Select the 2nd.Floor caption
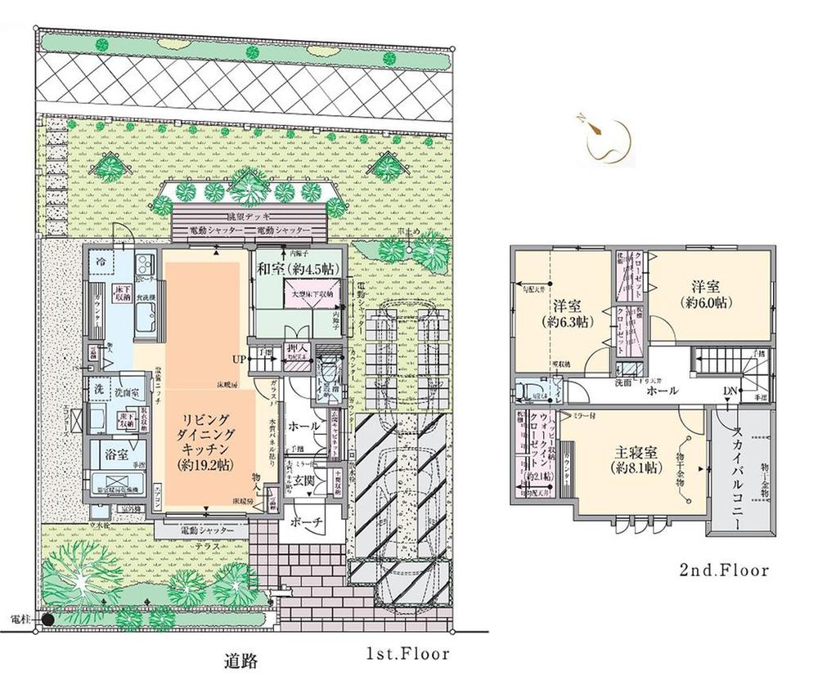tap(723, 570)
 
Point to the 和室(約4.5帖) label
tap(296, 268)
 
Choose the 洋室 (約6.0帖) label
tap(710, 293)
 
